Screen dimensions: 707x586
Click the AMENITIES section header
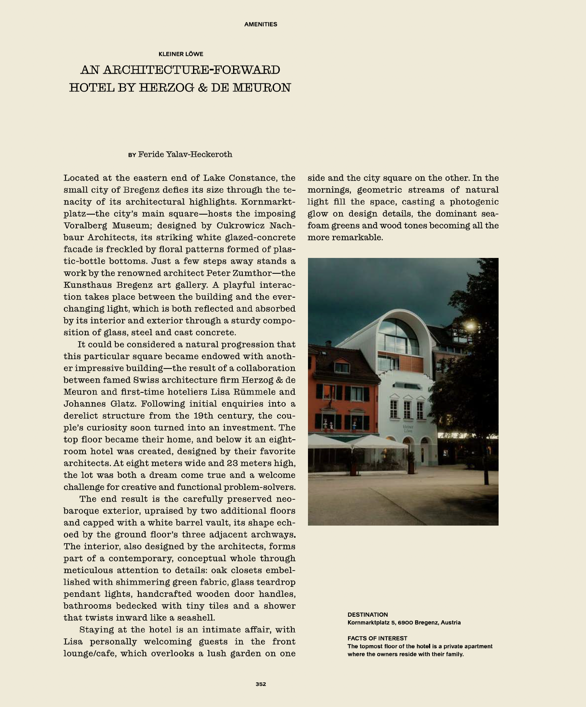(261, 24)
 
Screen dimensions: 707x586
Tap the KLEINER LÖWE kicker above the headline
(181, 54)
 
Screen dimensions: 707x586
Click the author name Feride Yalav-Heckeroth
(185, 154)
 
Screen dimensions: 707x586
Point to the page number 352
(261, 684)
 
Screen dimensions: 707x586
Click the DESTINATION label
(367, 614)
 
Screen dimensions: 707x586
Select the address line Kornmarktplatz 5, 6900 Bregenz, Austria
(404, 622)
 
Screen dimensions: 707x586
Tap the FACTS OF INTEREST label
(377, 638)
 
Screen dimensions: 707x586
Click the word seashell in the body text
(197, 618)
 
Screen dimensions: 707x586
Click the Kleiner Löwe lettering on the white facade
(408, 428)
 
